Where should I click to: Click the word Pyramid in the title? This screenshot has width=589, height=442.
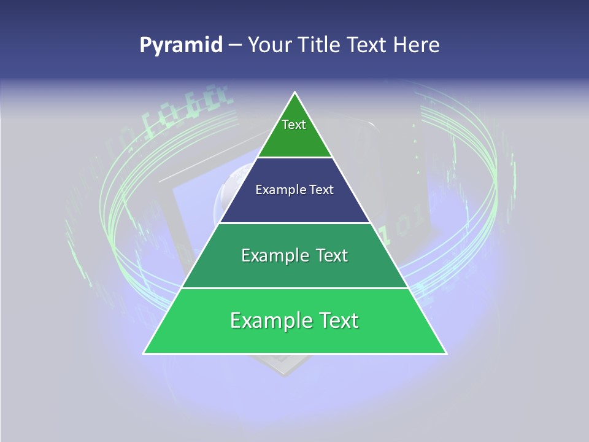[x=181, y=45]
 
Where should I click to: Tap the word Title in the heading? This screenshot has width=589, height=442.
[x=321, y=45]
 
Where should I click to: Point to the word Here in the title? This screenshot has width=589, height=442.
[x=417, y=45]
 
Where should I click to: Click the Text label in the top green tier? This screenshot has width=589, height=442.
[x=294, y=125]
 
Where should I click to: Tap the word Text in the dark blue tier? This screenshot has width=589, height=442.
[x=322, y=190]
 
